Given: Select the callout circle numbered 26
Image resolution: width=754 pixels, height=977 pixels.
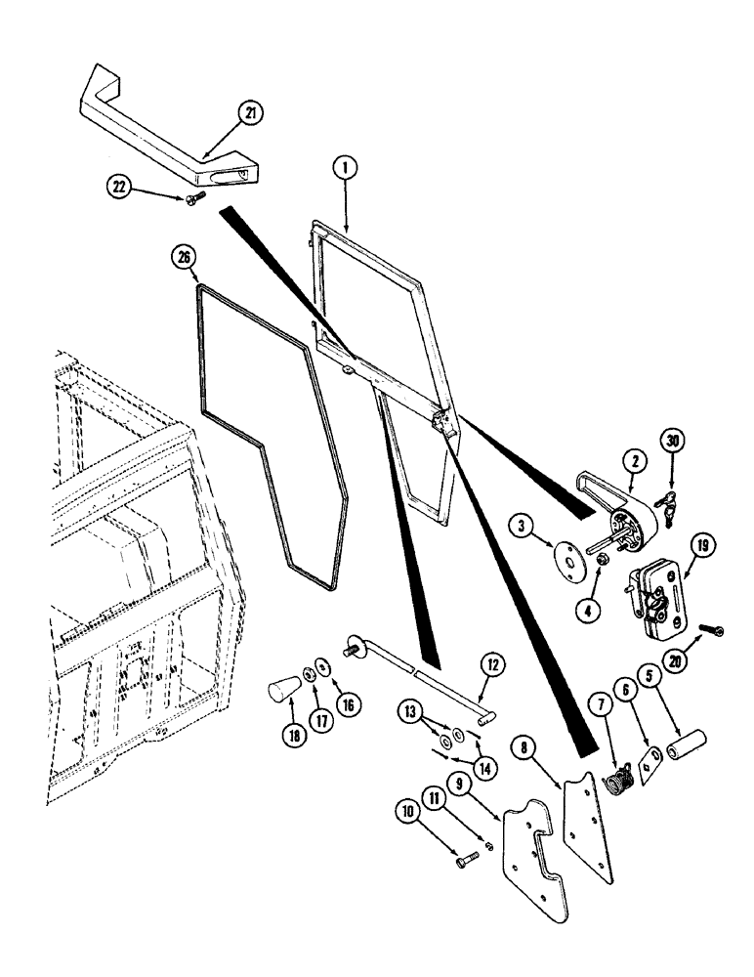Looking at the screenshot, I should tap(186, 259).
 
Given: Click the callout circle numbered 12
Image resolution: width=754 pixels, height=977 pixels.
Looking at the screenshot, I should tap(492, 666).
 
